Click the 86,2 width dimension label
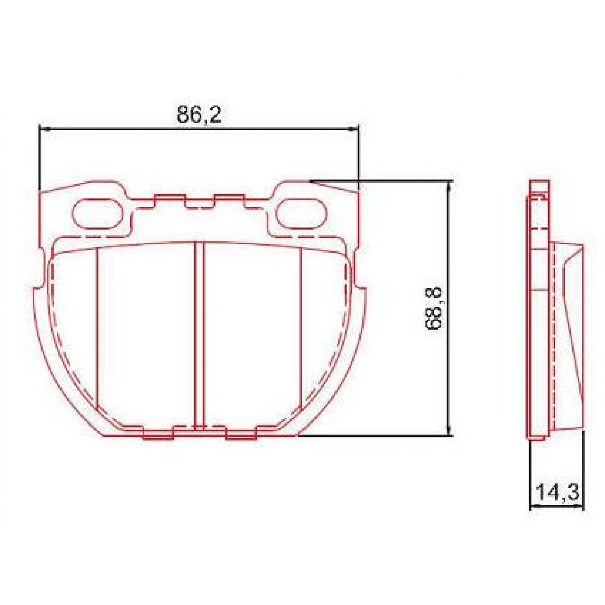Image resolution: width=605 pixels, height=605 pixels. click(199, 115)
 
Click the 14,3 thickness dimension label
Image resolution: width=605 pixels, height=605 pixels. click(557, 492)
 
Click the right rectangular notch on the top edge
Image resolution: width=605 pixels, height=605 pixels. click(229, 199)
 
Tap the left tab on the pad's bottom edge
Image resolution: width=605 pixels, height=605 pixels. click(158, 435)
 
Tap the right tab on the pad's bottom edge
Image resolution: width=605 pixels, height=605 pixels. click(241, 435)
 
